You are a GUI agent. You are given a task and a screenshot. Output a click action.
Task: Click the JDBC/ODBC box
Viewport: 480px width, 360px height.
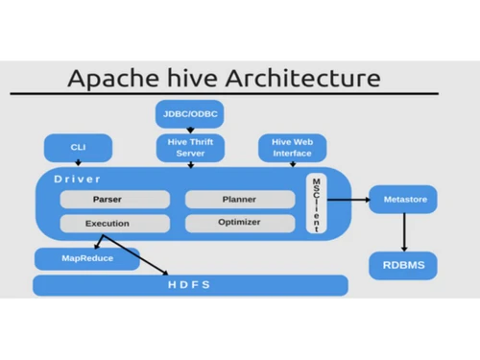189,114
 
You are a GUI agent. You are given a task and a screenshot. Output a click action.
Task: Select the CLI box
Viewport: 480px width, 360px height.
78,148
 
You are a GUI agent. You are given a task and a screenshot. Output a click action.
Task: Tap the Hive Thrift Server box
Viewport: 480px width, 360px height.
189,148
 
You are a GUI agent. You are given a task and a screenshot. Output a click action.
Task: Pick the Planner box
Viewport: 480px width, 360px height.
238,200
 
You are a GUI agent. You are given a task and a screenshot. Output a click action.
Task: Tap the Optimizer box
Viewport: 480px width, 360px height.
238,224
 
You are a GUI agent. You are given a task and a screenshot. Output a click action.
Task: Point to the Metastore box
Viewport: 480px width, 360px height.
403,200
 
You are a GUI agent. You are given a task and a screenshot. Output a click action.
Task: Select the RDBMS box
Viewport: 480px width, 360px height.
403,264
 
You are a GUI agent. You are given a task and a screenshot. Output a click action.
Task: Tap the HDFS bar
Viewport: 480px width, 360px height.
190,285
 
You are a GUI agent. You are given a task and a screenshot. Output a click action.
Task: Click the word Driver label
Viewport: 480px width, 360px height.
77,179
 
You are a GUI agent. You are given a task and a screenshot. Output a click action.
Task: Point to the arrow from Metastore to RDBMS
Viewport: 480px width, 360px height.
403,231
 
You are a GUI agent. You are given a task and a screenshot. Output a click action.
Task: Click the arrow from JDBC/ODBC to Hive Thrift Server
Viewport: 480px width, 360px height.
189,131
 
